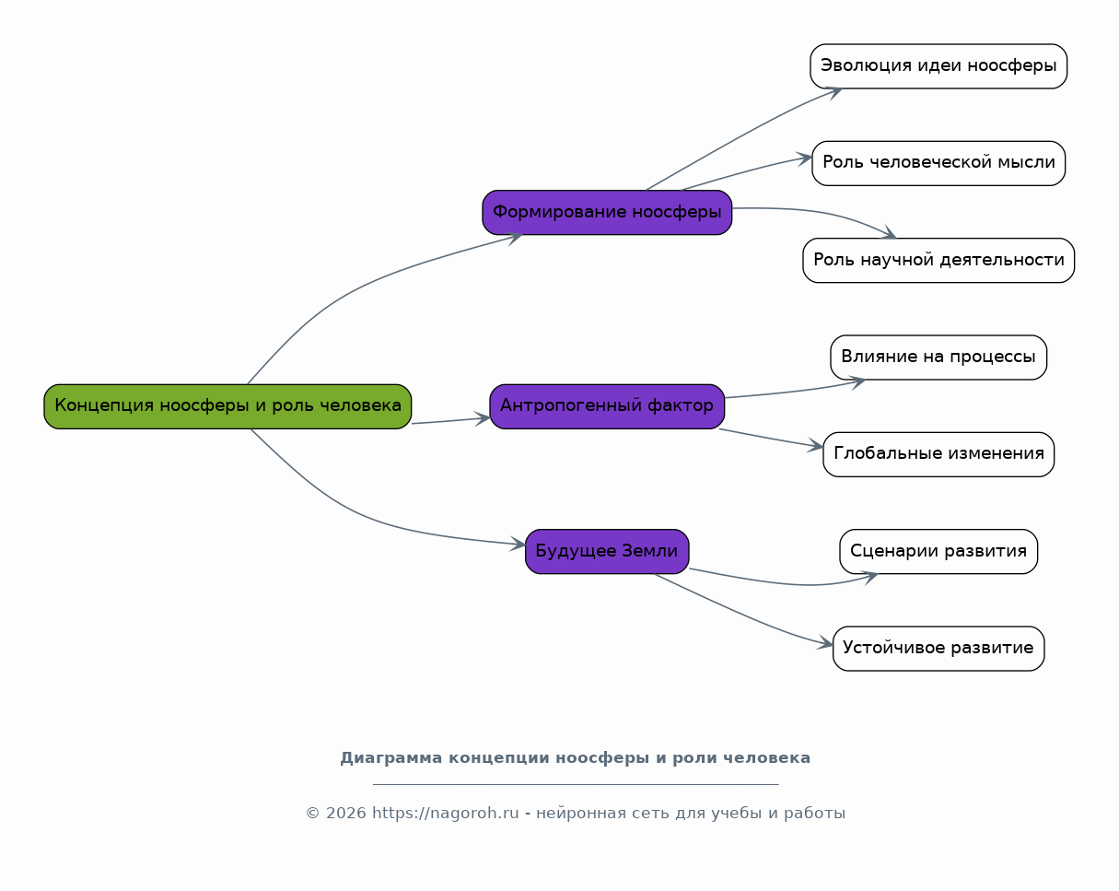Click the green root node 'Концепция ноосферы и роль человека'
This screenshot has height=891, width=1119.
pyautogui.click(x=227, y=406)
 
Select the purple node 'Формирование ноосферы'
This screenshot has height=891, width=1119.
pyautogui.click(x=607, y=212)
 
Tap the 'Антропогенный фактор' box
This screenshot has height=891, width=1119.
pyautogui.click(x=607, y=406)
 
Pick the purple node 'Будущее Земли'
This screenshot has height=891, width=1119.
pyautogui.click(x=607, y=551)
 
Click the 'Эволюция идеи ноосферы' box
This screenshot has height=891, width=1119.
pyautogui.click(x=938, y=66)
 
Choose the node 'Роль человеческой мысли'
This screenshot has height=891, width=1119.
pyautogui.click(x=938, y=163)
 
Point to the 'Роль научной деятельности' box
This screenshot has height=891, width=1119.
pyautogui.click(x=938, y=260)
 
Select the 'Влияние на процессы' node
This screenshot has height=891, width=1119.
pyautogui.click(x=938, y=358)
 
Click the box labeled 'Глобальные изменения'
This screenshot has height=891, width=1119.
pyautogui.click(x=938, y=454)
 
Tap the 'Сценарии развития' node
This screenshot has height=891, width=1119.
pyautogui.click(x=938, y=551)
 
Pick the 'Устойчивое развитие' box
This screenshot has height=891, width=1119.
pyautogui.click(x=938, y=648)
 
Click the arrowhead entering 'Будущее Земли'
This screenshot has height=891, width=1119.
pyautogui.click(x=518, y=544)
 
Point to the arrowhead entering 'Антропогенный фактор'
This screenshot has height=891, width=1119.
pyautogui.click(x=483, y=418)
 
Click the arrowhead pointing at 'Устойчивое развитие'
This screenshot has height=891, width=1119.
pyautogui.click(x=825, y=643)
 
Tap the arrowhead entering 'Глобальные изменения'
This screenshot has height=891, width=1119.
pyautogui.click(x=815, y=446)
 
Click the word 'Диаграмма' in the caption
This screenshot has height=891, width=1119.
pyautogui.click(x=391, y=757)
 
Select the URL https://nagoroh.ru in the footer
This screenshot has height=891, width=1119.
pyautogui.click(x=446, y=813)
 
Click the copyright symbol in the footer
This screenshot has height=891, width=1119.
pyautogui.click(x=312, y=813)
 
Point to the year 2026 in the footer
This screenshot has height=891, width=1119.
pyautogui.click(x=345, y=813)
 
